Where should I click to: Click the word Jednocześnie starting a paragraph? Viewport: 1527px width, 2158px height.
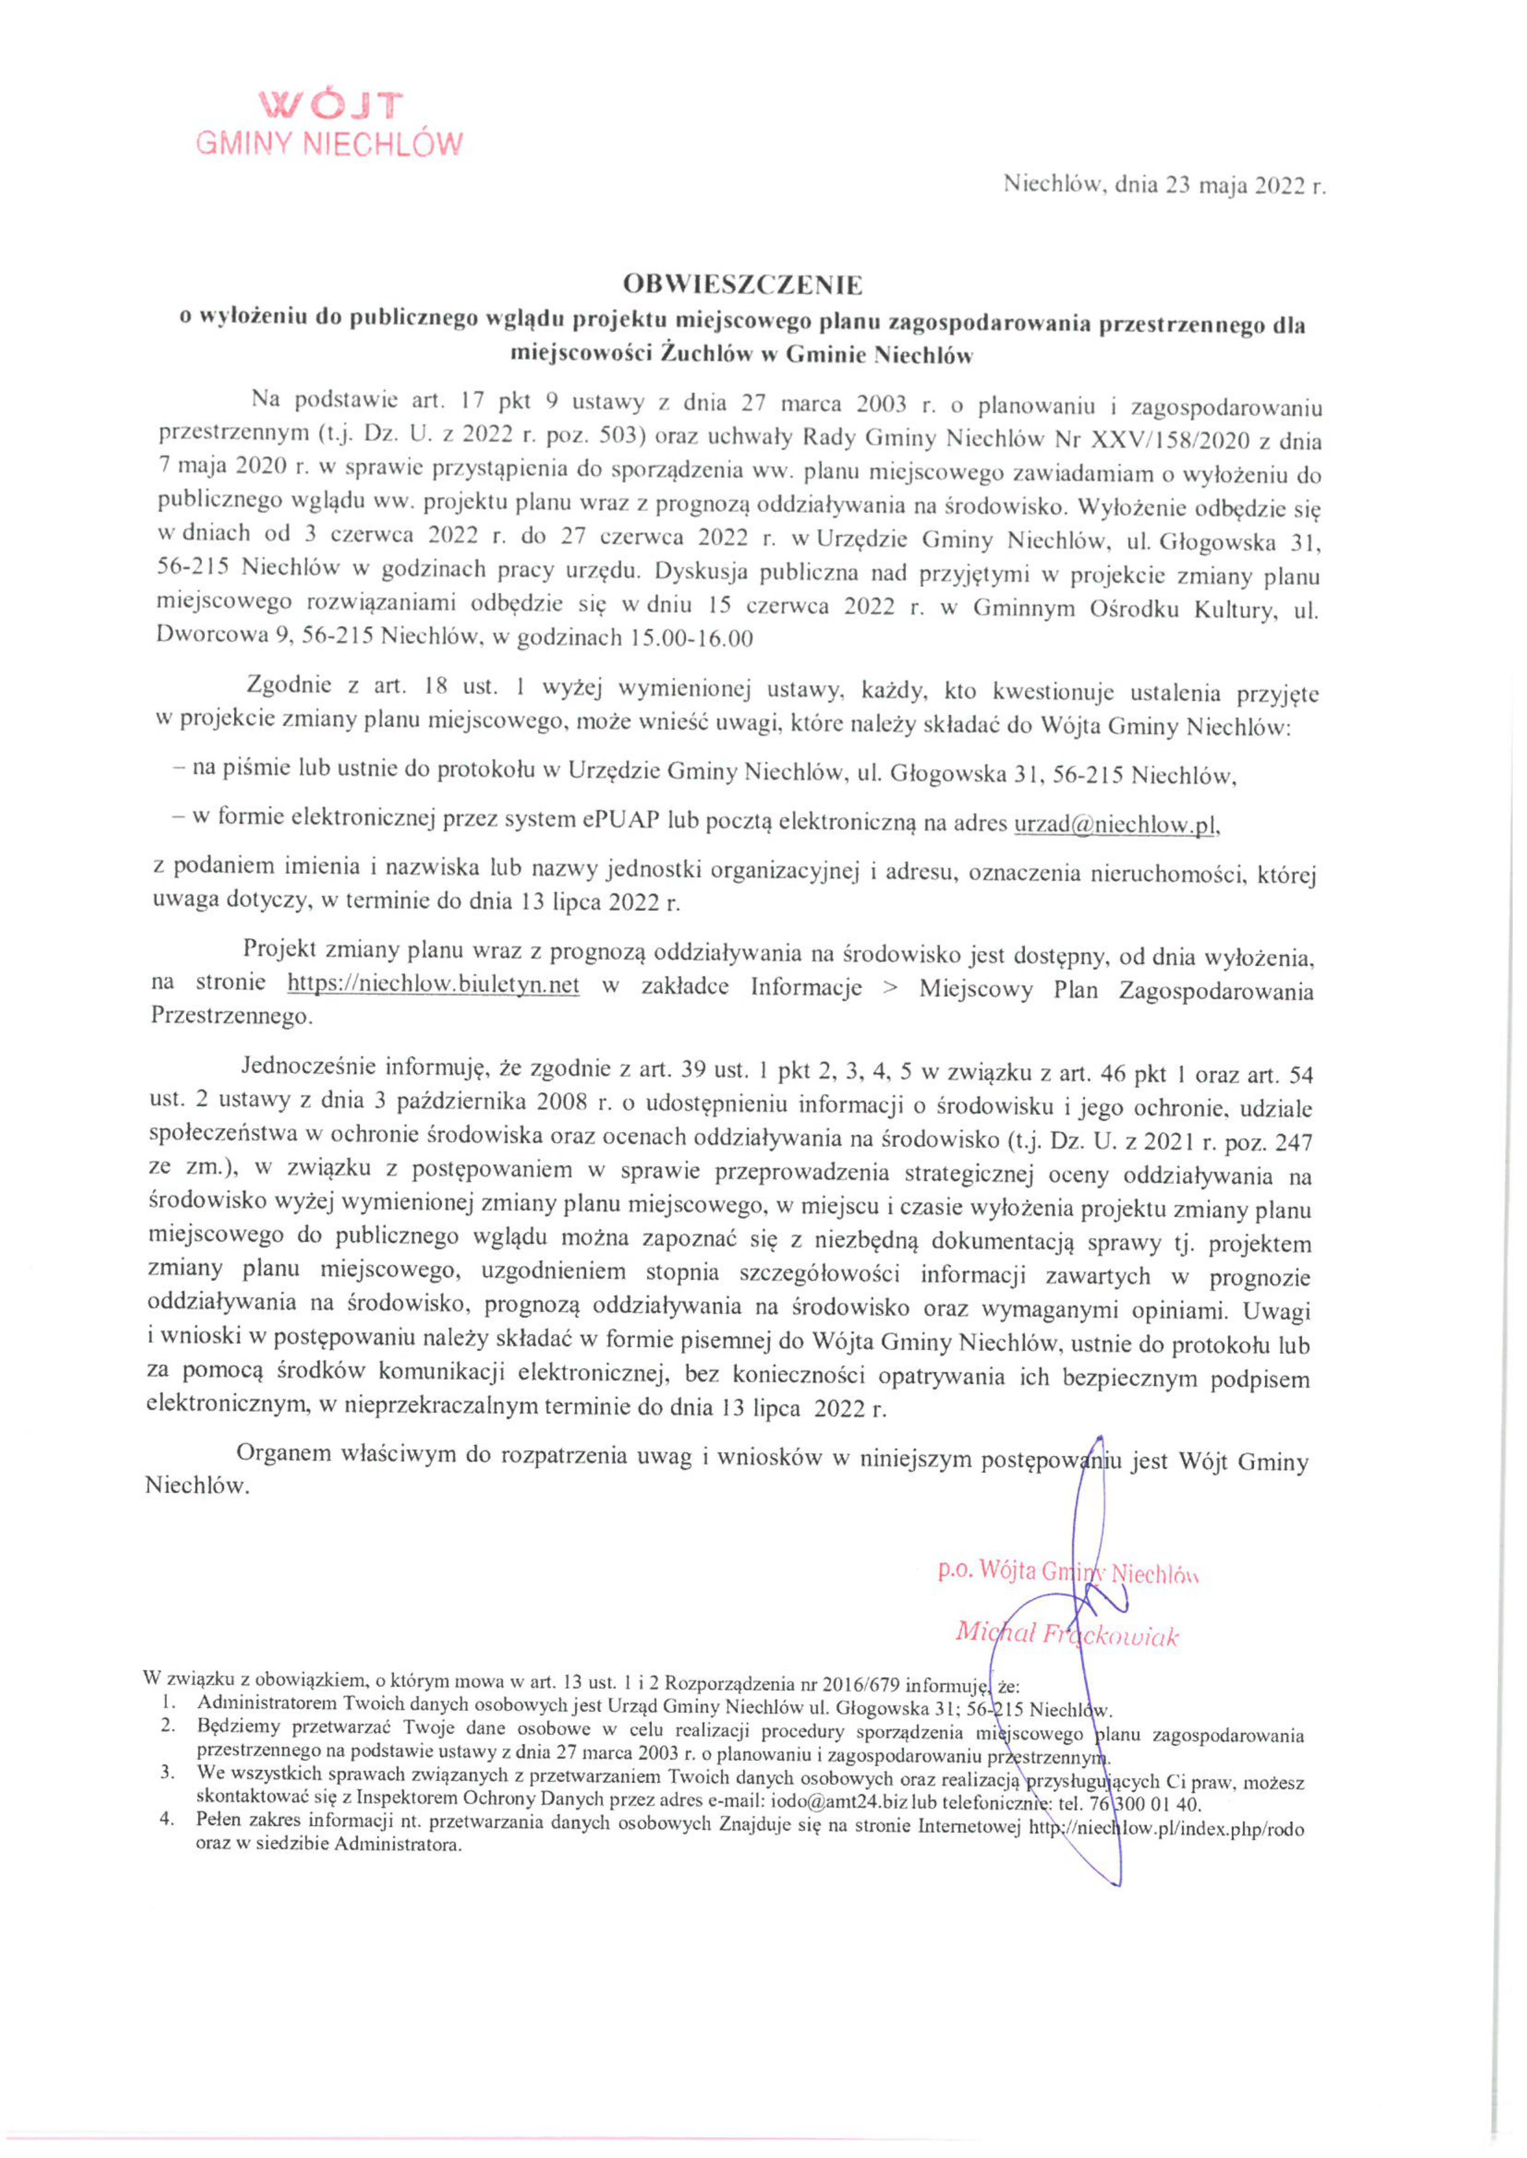click(x=309, y=1066)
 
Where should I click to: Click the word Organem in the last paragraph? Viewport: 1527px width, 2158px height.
click(x=284, y=1453)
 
